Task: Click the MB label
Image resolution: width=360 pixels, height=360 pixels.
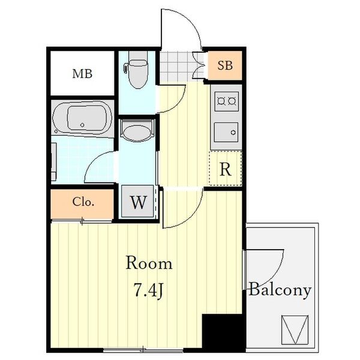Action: click(x=82, y=74)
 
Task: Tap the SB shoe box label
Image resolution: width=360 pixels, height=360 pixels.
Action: click(x=225, y=65)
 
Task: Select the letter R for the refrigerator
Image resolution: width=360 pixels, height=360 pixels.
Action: click(x=225, y=169)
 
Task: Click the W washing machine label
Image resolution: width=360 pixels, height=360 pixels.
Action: click(x=138, y=202)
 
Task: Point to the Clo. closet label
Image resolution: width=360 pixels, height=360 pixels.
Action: click(x=83, y=202)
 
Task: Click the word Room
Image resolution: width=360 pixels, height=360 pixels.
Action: click(x=149, y=263)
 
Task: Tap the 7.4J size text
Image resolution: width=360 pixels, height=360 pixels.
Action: click(x=148, y=290)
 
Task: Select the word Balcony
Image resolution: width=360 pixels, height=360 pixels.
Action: click(x=280, y=290)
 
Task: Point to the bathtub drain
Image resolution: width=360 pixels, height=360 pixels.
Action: click(x=82, y=125)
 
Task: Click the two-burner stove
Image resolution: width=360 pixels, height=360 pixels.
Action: click(x=226, y=101)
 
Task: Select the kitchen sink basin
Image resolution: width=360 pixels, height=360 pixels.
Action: click(x=226, y=133)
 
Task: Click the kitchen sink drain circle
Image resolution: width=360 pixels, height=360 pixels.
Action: click(x=233, y=133)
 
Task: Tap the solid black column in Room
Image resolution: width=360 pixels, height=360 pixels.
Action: click(x=222, y=333)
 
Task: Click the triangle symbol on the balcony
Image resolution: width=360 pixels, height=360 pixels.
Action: click(x=295, y=330)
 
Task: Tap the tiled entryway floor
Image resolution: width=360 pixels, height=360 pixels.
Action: click(x=176, y=67)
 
